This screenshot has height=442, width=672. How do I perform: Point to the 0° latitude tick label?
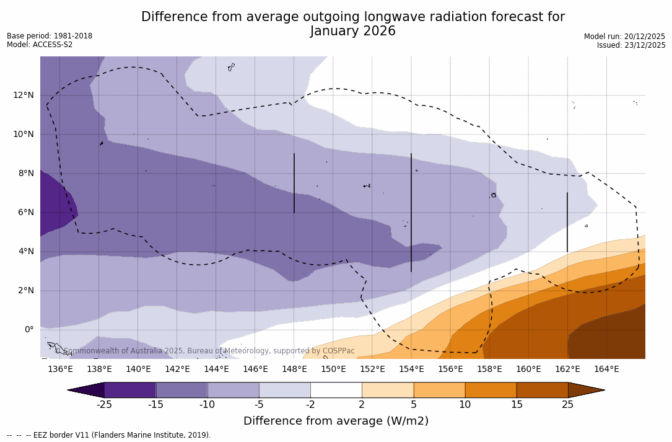(29, 330)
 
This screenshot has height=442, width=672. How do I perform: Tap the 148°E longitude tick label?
(294, 369)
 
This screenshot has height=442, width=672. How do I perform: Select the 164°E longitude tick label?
(606, 369)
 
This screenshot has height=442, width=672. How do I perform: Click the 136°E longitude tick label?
(60, 369)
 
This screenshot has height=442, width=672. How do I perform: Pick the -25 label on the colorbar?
(103, 405)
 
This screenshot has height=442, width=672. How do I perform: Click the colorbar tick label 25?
(567, 405)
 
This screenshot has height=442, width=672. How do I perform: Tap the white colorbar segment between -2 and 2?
(336, 390)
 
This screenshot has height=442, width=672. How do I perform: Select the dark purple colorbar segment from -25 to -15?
(130, 390)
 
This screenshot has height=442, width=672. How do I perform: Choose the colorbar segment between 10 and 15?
(491, 390)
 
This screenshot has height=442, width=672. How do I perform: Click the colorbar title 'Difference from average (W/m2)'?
(336, 421)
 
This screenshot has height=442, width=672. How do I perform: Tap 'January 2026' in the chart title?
(352, 31)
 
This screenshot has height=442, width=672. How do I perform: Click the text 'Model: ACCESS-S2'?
(40, 45)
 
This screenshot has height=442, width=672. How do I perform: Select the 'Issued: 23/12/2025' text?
(631, 45)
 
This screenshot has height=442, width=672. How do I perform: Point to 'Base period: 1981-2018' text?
(50, 36)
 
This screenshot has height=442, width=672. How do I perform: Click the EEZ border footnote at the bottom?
(109, 435)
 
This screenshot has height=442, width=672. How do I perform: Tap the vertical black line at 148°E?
(294, 183)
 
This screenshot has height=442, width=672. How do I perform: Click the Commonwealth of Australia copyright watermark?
(205, 351)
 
